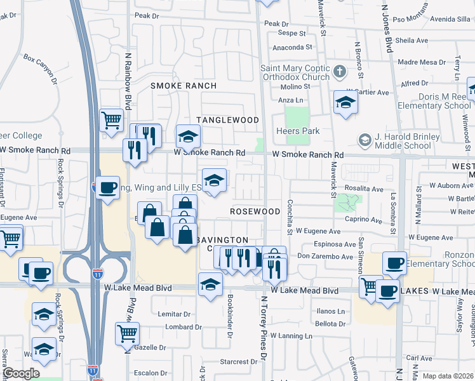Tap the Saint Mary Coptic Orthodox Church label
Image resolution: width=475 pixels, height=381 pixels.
[295, 72]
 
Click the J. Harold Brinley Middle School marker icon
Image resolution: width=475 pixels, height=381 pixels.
[365, 139]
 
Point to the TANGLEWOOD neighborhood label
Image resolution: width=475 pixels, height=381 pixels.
[227, 120]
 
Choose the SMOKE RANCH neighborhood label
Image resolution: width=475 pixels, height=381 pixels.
[184, 86]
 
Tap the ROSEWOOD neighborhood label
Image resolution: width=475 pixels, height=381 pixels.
[255, 211]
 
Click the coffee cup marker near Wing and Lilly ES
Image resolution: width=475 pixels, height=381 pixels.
[108, 187]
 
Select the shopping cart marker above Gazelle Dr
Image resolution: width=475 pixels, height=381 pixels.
[127, 333]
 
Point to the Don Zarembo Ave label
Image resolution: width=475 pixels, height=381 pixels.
[324, 257]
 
